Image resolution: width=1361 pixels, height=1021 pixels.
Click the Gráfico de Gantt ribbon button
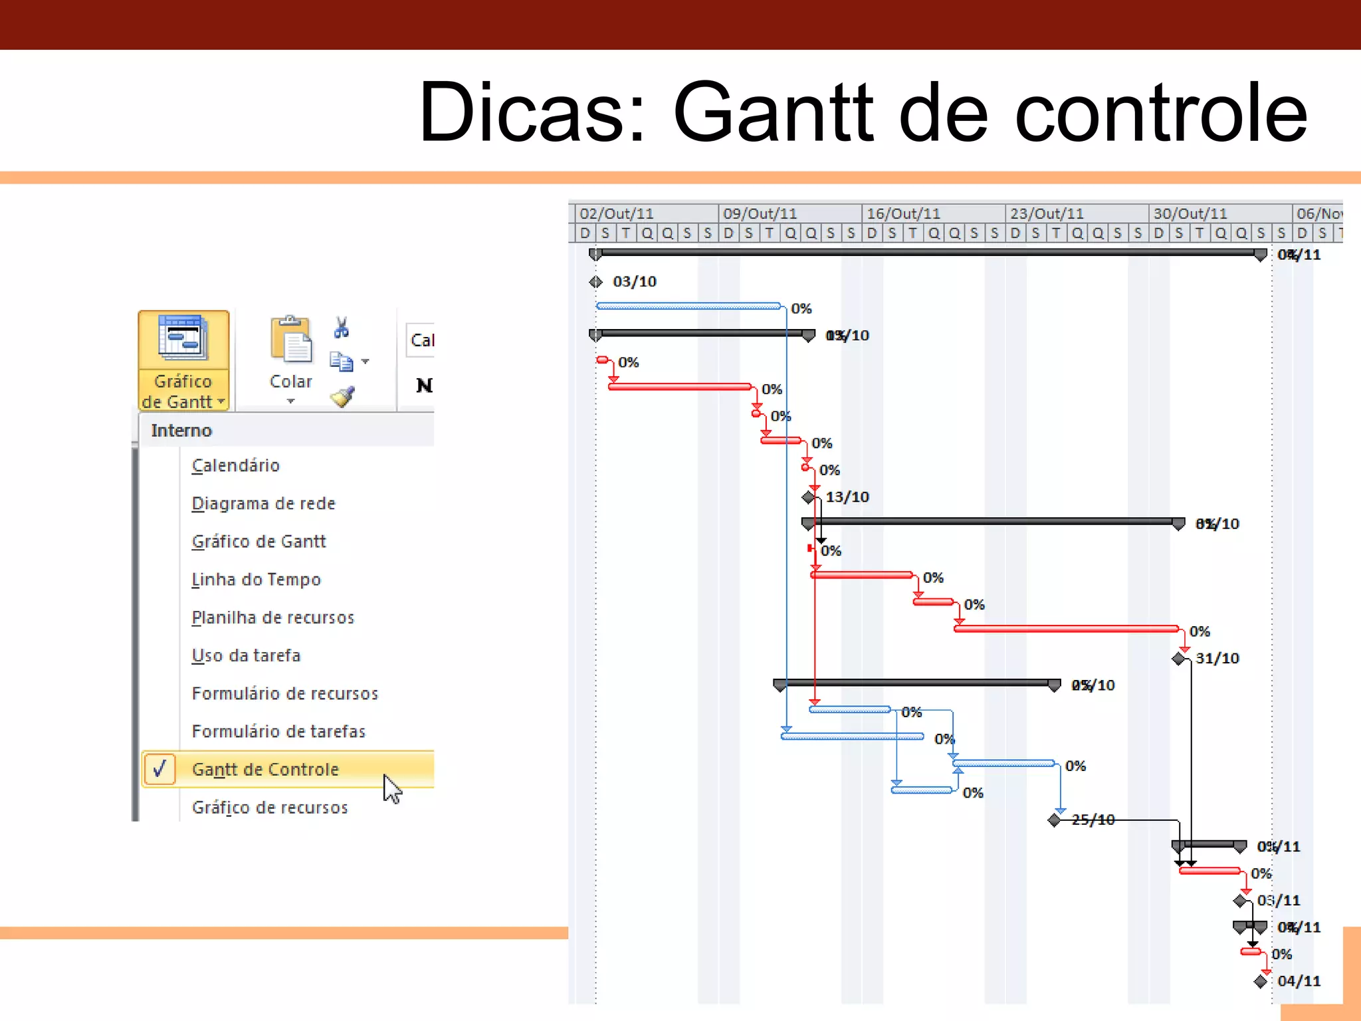click(183, 360)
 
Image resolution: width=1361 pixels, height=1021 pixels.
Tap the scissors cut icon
click(342, 327)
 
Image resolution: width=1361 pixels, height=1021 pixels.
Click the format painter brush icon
click(343, 397)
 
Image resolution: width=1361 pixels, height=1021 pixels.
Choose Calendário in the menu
click(236, 465)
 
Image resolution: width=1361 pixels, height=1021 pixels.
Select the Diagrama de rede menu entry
click(263, 503)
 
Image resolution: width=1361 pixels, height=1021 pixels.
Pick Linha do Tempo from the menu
click(256, 580)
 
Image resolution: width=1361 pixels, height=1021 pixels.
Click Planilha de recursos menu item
click(272, 618)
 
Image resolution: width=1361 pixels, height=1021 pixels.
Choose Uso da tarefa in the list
click(246, 655)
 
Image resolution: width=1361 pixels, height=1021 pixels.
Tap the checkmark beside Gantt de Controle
click(159, 769)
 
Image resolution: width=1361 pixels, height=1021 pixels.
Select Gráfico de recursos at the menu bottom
click(270, 807)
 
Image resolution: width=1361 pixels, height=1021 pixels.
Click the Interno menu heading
click(181, 430)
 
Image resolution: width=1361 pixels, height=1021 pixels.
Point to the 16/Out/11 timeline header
click(903, 213)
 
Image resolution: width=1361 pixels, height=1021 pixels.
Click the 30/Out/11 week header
click(1190, 213)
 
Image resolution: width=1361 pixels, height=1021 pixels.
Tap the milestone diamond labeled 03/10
click(595, 282)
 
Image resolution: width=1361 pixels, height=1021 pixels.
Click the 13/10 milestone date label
click(847, 497)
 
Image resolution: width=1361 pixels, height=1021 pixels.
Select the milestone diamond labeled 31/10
click(1179, 658)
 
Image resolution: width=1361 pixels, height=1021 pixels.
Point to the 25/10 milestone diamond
click(1054, 820)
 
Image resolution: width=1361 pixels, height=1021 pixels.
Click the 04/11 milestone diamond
click(1261, 981)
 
